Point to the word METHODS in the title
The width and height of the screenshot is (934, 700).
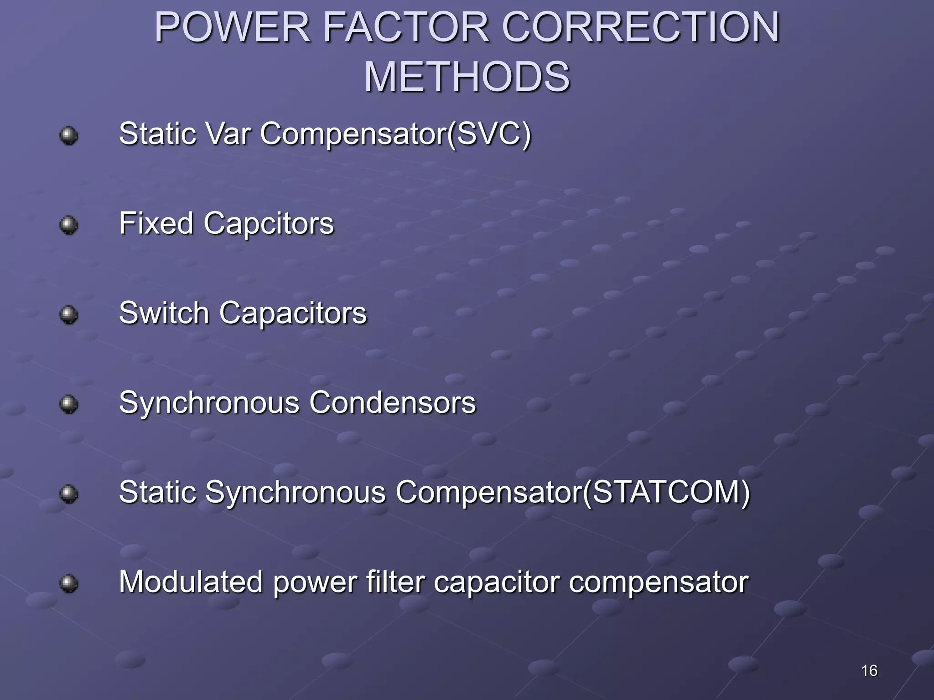tap(467, 77)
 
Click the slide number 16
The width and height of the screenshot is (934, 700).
tap(869, 670)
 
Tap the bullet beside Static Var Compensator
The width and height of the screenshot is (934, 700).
tap(69, 135)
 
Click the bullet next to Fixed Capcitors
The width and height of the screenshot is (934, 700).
tap(69, 225)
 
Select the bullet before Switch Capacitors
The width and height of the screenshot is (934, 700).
tap(69, 314)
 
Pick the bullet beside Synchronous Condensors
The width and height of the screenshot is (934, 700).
tap(69, 404)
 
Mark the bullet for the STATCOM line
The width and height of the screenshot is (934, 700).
tap(69, 494)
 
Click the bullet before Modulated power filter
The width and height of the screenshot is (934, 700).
tap(69, 583)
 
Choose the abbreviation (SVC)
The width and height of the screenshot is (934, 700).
tap(489, 134)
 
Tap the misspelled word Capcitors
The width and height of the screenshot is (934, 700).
tap(269, 224)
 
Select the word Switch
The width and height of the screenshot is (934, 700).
tap(164, 313)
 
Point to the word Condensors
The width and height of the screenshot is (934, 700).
tap(392, 403)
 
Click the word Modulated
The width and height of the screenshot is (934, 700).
tap(191, 582)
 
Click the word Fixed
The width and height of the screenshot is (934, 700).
tap(156, 224)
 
